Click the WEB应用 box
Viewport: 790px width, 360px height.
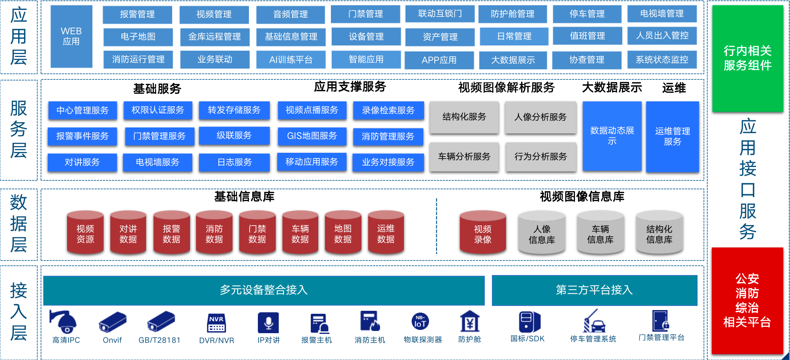71,37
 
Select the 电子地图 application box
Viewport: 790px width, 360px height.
138,37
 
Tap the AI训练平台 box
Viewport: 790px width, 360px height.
291,60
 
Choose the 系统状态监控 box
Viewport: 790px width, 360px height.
662,60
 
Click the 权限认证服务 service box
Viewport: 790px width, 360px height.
158,110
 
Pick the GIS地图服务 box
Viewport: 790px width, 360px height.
312,136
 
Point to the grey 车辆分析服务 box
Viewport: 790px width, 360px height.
464,157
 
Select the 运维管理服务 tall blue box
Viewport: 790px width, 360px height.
672,136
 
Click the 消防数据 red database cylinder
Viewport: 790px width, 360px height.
214,233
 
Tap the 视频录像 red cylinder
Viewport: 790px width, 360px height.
483,233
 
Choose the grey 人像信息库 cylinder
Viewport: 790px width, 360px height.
541,233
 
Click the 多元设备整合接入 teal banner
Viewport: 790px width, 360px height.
263,290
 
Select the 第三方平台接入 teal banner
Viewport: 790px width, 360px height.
594,290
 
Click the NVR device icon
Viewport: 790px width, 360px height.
216,323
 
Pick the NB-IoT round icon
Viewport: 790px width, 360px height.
420,321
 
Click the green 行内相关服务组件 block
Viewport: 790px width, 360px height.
747,58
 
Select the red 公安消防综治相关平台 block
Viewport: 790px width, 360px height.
747,300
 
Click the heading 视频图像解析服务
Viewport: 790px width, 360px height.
506,88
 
